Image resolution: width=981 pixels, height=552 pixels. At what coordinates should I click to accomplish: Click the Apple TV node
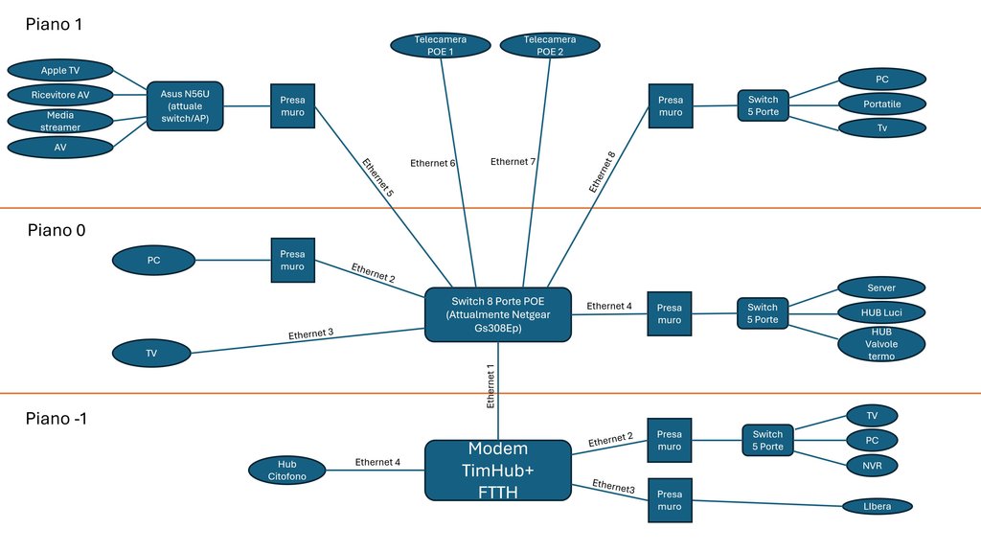click(60, 70)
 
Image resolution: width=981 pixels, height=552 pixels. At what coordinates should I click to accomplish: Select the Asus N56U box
click(185, 105)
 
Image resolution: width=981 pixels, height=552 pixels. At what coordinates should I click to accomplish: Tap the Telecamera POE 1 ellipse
click(441, 45)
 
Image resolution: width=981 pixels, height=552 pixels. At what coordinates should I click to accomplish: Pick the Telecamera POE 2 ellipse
click(550, 45)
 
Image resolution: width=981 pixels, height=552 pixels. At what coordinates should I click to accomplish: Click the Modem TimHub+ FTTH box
click(498, 470)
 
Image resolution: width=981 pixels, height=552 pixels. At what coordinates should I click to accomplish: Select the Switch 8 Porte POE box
click(498, 314)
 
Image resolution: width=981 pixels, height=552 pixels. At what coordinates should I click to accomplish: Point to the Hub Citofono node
click(287, 470)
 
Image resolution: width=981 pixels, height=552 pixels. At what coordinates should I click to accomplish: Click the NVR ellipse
click(872, 466)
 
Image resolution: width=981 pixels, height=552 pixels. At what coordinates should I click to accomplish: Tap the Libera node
click(878, 506)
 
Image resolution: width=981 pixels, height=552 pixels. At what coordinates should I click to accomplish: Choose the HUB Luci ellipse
click(881, 312)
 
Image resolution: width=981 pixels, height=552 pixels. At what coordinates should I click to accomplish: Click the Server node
click(881, 287)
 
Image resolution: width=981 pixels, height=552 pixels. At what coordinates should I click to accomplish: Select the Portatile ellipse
click(882, 103)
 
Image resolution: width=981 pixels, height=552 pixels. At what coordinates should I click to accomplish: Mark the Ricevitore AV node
click(60, 95)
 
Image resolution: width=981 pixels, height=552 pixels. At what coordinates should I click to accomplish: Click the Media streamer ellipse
click(60, 121)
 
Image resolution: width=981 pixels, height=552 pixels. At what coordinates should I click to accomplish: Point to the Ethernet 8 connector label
click(602, 172)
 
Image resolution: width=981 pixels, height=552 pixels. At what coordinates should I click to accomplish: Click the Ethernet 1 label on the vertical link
click(490, 386)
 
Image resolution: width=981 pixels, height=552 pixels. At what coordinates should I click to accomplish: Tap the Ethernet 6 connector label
click(432, 163)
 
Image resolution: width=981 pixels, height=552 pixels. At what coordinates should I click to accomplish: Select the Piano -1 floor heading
click(57, 418)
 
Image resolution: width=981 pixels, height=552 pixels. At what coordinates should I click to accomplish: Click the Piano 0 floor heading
click(57, 230)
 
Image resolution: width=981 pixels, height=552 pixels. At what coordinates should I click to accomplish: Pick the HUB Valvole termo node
click(881, 344)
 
